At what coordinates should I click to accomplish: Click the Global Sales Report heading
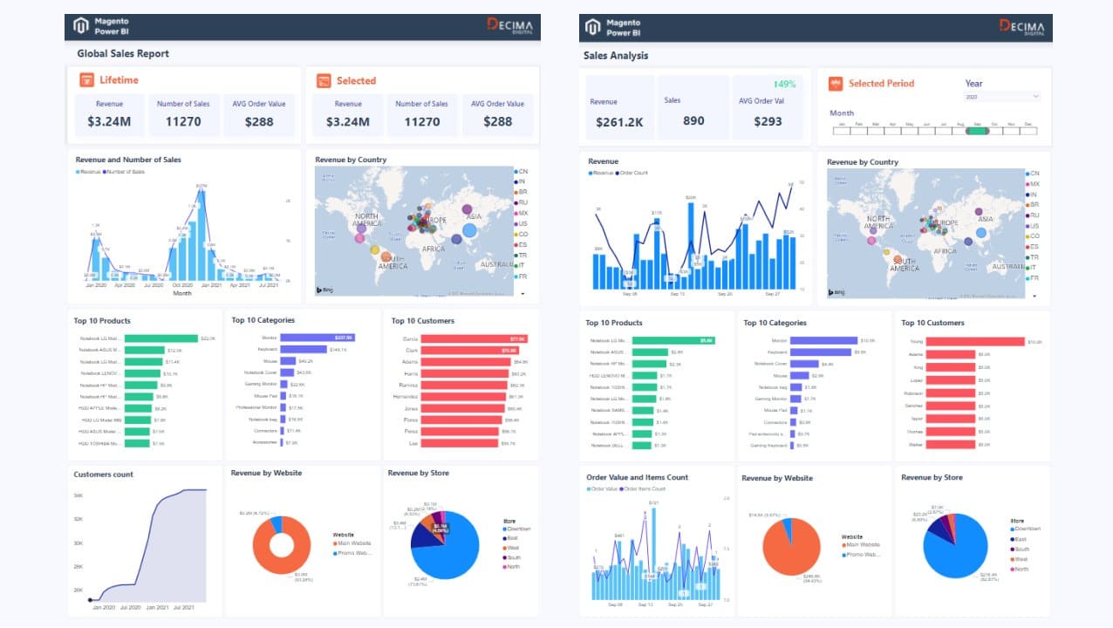(123, 54)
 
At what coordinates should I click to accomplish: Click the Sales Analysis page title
(616, 56)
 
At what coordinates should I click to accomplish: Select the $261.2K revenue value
(620, 122)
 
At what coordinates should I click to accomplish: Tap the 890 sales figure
(693, 121)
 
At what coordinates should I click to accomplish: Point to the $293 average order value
(768, 122)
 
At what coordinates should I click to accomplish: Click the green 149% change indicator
(785, 85)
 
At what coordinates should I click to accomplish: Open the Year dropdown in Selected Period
(1002, 97)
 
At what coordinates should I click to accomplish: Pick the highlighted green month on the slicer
(977, 131)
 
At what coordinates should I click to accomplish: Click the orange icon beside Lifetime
(86, 80)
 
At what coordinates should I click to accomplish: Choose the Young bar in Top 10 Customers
(975, 342)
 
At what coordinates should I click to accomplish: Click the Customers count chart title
(104, 474)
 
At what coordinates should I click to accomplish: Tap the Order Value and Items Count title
(637, 477)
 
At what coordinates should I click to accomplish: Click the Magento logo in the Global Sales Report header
(81, 26)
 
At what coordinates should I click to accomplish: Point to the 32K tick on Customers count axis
(78, 519)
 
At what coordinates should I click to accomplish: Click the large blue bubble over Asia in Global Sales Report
(468, 230)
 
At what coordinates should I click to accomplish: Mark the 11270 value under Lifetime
(183, 121)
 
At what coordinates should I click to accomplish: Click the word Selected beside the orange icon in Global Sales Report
(356, 81)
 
